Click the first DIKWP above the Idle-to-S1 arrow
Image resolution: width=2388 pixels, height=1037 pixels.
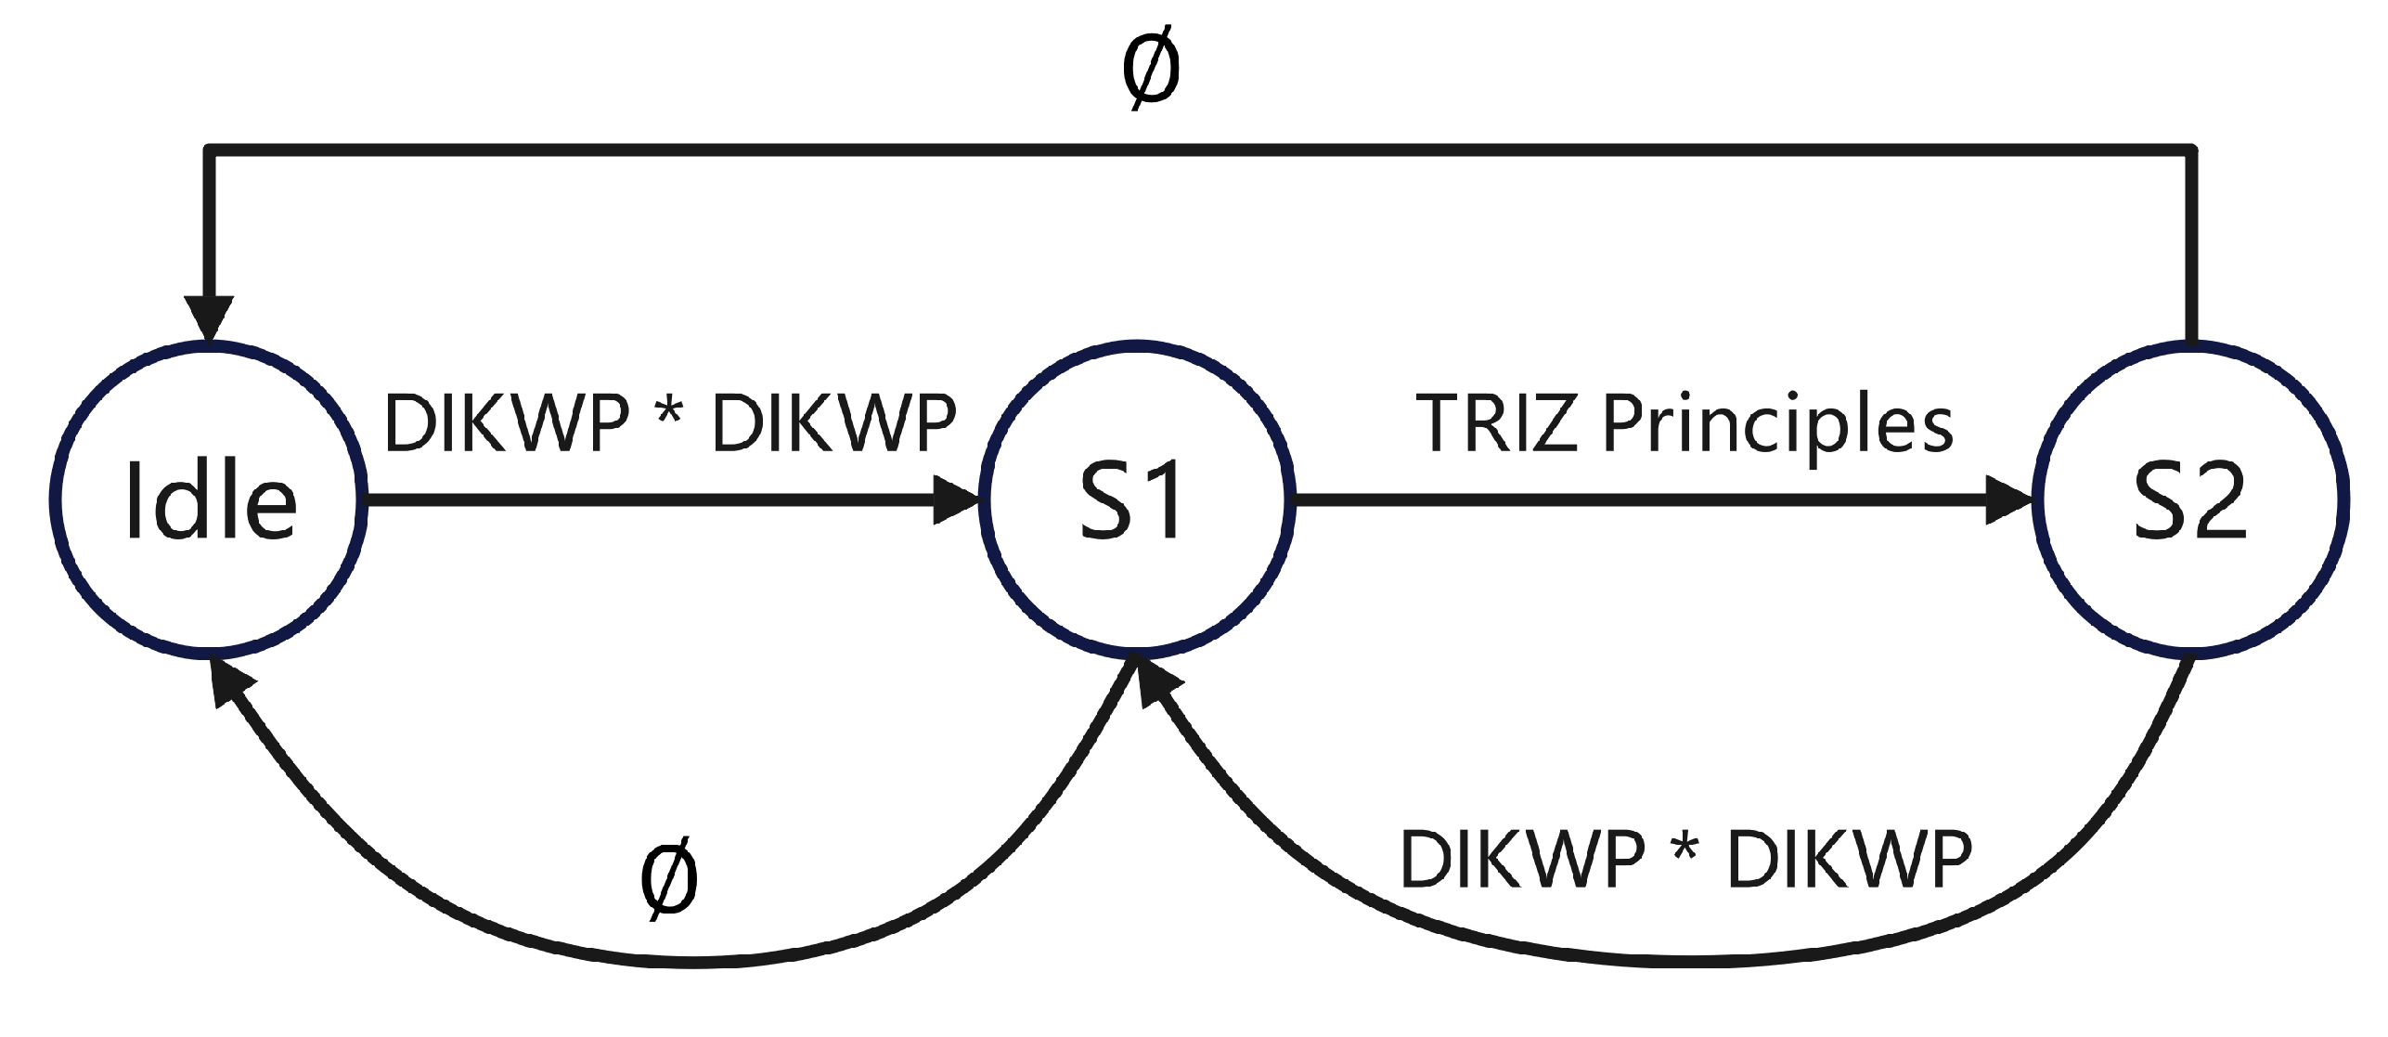[507, 423]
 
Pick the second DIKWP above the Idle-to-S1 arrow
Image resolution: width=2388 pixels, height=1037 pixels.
[833, 423]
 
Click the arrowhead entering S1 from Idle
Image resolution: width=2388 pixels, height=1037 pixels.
[956, 500]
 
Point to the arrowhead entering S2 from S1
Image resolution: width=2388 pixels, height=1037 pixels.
[2010, 500]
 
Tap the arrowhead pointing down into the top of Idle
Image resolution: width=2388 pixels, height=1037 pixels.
[210, 318]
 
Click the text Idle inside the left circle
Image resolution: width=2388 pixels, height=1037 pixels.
[210, 502]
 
